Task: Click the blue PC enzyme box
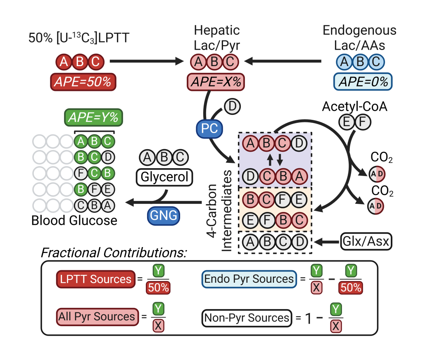click(209, 129)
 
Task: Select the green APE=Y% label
click(93, 118)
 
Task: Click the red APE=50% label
click(83, 81)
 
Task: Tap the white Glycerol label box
click(164, 177)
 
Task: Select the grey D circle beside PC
click(232, 107)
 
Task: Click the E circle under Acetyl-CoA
click(345, 122)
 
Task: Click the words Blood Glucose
click(74, 220)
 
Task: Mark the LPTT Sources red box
click(96, 279)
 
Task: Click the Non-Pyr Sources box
click(246, 317)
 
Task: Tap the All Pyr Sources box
click(97, 317)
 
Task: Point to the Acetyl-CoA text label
click(355, 107)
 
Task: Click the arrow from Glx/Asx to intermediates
click(327, 241)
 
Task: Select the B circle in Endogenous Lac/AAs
click(359, 62)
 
